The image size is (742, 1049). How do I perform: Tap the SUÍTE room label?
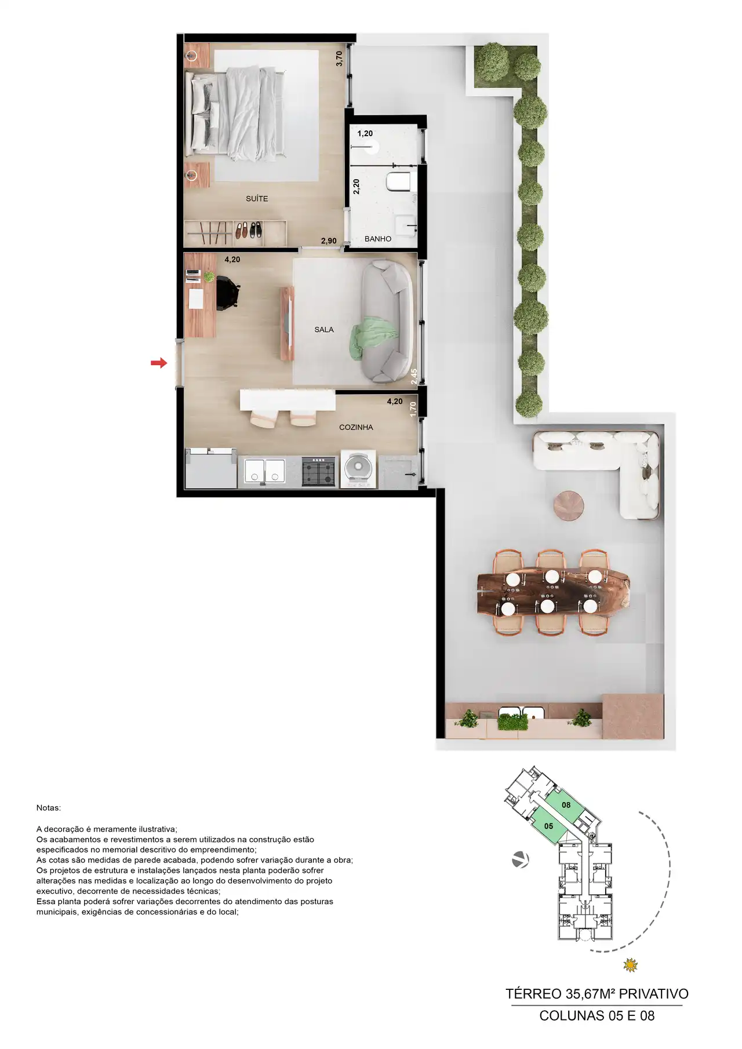pyautogui.click(x=257, y=199)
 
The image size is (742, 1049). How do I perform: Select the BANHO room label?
pyautogui.click(x=378, y=239)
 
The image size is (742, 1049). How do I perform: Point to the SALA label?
pyautogui.click(x=324, y=330)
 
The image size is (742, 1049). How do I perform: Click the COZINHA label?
pyautogui.click(x=356, y=427)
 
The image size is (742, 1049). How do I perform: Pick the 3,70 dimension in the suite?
pyautogui.click(x=340, y=59)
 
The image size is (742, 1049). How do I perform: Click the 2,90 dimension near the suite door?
pyautogui.click(x=329, y=241)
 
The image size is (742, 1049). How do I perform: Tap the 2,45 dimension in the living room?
pyautogui.click(x=414, y=377)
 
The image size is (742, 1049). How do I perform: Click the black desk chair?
pyautogui.click(x=228, y=293)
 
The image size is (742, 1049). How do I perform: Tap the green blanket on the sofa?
pyautogui.click(x=373, y=338)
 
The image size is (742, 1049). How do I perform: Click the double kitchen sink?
pyautogui.click(x=264, y=471)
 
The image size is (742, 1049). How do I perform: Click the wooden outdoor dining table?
pyautogui.click(x=552, y=593)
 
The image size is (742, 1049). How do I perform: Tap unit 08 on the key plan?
pyautogui.click(x=566, y=805)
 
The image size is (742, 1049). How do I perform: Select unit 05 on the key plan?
pyautogui.click(x=548, y=826)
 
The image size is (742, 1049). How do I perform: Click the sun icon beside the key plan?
pyautogui.click(x=630, y=966)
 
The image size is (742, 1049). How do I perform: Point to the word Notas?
pyautogui.click(x=48, y=808)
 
